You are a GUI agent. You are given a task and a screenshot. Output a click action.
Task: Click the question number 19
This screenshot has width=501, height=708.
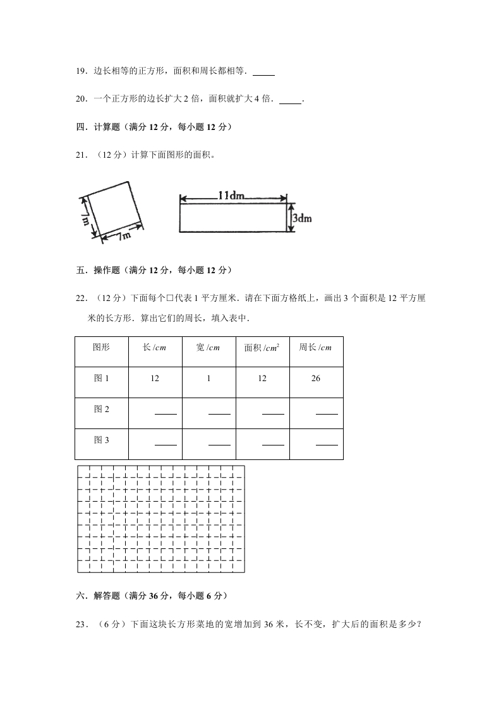click(x=80, y=71)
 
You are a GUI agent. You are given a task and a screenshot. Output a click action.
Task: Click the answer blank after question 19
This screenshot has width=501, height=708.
click(x=263, y=73)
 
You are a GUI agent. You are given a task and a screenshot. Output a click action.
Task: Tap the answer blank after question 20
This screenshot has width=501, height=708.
click(x=290, y=100)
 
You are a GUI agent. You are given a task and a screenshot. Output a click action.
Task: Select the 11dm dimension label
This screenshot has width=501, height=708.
click(x=231, y=196)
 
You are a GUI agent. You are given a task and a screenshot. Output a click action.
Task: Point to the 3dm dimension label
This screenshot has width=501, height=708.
click(x=301, y=218)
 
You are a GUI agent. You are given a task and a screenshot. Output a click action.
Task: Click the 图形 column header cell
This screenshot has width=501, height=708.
click(x=101, y=348)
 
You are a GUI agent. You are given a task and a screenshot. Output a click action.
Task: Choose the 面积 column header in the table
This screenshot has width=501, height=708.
click(x=262, y=348)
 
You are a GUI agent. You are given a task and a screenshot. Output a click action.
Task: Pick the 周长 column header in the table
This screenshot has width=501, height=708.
click(x=315, y=348)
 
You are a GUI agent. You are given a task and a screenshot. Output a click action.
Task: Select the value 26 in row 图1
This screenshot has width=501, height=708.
click(x=316, y=379)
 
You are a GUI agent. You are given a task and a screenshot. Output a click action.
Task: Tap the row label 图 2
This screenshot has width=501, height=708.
click(x=101, y=409)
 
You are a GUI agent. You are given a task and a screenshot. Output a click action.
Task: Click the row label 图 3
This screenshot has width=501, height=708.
click(x=101, y=440)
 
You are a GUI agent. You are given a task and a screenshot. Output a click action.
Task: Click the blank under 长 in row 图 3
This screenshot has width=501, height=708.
click(x=166, y=444)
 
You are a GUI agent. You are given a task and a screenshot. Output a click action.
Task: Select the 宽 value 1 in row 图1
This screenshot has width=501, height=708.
click(x=208, y=379)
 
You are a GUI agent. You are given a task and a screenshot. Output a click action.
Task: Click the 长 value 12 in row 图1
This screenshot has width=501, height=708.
click(x=155, y=379)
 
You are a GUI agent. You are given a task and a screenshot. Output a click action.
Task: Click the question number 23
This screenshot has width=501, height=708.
click(x=80, y=625)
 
